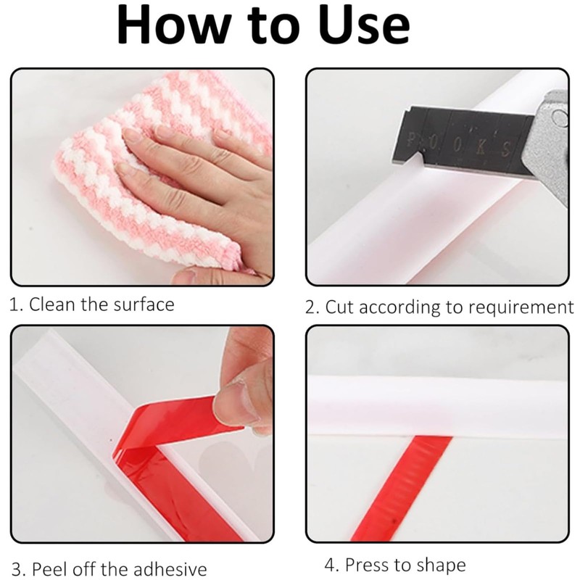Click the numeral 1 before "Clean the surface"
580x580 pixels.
pyautogui.click(x=13, y=304)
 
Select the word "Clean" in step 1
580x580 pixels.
pyautogui.click(x=53, y=304)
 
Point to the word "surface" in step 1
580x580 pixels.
pyautogui.click(x=144, y=304)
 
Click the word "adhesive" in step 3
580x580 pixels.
pyautogui.click(x=169, y=568)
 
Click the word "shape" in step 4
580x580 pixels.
pyautogui.click(x=442, y=565)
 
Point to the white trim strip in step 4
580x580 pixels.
pyautogui.click(x=435, y=406)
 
